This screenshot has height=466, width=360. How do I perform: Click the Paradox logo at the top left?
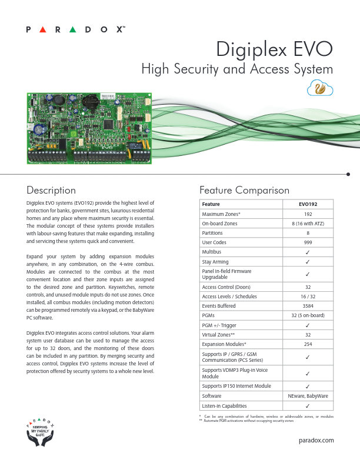(76, 29)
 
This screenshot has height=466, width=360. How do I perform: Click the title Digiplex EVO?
(275, 48)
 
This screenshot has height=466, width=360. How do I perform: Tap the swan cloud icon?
(321, 89)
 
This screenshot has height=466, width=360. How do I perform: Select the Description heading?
(51, 190)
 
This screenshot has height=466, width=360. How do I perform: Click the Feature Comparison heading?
(244, 190)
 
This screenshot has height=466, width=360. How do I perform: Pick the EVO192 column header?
(308, 204)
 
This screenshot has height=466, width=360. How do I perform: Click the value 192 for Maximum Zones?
(308, 214)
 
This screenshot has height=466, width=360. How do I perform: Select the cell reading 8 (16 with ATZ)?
(308, 224)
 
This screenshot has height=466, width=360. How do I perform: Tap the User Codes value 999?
(308, 242)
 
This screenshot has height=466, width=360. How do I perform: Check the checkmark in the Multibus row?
(308, 252)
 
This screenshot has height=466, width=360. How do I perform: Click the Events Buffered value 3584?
(308, 306)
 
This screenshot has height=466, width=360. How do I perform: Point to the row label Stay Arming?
(216, 262)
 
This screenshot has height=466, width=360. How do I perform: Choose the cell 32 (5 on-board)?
(308, 315)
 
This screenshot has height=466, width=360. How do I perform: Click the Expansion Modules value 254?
(308, 344)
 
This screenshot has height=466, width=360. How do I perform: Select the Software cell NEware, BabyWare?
(308, 396)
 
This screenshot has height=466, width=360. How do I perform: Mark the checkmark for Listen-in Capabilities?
(308, 405)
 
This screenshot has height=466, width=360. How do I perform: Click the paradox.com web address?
(316, 440)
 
